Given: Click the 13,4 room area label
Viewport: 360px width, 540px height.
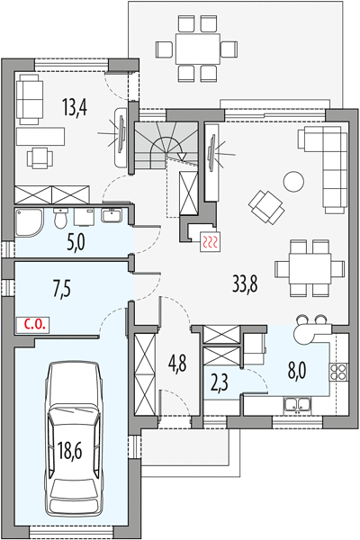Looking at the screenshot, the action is tap(75, 107).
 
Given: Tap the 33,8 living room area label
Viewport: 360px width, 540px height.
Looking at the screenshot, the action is tap(246, 283).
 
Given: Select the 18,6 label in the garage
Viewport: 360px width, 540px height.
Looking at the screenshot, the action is tap(70, 451).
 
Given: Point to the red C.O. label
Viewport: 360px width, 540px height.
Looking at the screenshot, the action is tap(34, 324).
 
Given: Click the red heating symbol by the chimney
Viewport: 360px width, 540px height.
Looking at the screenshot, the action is tap(210, 241).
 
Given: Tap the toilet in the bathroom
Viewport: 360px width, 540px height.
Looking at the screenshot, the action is tap(61, 219).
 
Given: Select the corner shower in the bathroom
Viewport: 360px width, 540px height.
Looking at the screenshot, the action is tap(30, 223).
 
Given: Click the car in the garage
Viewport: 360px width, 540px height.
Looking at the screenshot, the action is tap(74, 439).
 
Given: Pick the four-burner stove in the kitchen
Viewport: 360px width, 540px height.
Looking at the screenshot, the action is tap(339, 372).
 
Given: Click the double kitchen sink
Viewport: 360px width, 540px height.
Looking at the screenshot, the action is tap(297, 404).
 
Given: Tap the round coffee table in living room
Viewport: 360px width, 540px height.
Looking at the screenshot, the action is tap(293, 182).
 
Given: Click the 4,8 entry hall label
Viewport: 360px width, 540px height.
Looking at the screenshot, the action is tap(177, 364).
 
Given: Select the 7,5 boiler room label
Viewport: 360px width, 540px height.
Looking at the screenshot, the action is tap(62, 289).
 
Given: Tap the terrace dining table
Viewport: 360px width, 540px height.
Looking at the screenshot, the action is tap(198, 49).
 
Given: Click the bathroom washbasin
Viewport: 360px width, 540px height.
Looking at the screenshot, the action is tap(111, 215).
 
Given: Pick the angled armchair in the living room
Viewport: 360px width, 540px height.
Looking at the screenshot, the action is tap(266, 208).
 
